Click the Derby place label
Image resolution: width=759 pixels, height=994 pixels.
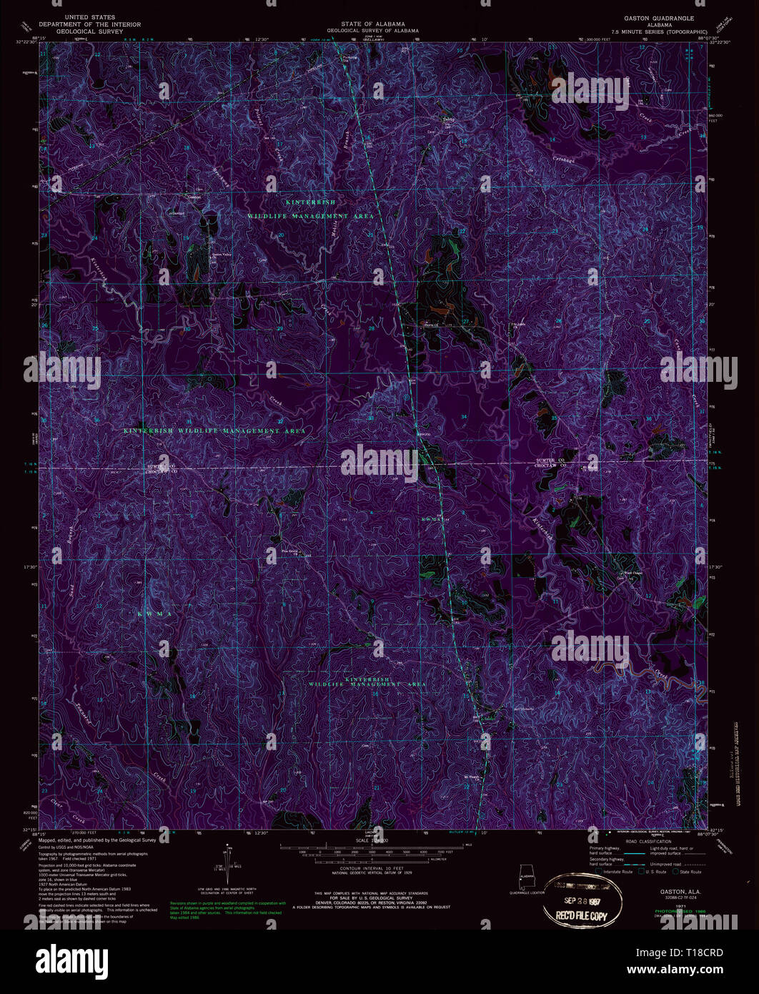click(x=448, y=119)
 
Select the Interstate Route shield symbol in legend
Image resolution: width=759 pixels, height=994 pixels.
click(x=600, y=872)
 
